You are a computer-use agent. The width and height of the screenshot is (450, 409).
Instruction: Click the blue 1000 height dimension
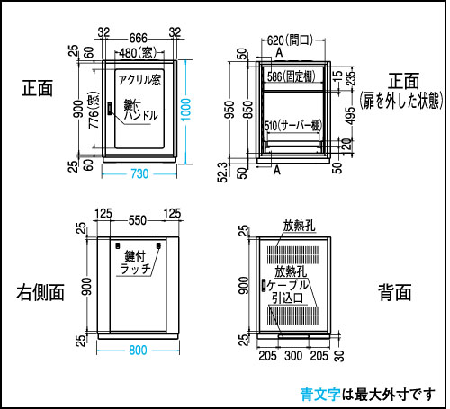tap(186, 110)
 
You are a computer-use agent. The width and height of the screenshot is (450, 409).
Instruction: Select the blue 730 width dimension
tap(139, 173)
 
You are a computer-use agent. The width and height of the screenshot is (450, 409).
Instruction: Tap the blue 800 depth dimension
tap(138, 350)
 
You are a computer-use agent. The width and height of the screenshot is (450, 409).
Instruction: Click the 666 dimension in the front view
tap(139, 39)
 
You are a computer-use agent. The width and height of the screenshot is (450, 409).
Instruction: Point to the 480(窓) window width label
tap(139, 53)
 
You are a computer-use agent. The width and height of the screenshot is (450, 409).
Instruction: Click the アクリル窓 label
tap(139, 80)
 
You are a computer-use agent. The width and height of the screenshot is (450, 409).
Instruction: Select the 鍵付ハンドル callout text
tap(140, 111)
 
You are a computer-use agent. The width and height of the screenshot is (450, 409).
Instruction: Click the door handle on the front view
tap(110, 109)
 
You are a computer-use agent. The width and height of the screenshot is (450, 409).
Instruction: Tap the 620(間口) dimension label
tap(290, 40)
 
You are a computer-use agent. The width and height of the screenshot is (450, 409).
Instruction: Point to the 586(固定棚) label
tap(292, 76)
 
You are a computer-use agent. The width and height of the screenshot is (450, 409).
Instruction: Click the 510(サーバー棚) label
tap(293, 126)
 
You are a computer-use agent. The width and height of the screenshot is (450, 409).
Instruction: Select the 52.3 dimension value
tap(222, 173)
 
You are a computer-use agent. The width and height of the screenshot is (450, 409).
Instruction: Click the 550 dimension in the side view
tap(138, 220)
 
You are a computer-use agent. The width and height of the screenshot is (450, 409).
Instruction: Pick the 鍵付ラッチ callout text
tap(135, 262)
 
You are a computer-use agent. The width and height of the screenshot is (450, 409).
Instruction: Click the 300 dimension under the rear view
tap(293, 356)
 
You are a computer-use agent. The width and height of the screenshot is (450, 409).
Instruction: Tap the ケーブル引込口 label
tap(287, 291)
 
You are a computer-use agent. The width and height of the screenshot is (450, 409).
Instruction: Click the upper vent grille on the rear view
tap(293, 255)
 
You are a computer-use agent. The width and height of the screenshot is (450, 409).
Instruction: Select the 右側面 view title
tap(40, 292)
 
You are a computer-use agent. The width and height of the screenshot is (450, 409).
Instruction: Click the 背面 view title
tap(394, 292)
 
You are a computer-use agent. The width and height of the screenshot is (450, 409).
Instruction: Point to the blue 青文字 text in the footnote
tap(320, 395)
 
